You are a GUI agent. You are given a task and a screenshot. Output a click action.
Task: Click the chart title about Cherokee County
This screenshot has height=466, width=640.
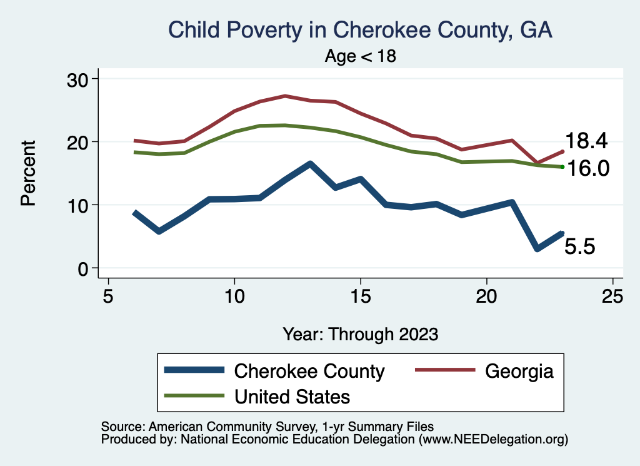pos(361,30)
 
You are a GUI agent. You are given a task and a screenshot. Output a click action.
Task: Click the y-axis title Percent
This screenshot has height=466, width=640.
pos(27,173)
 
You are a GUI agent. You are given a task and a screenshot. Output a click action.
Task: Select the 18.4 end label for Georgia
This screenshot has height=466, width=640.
pos(586,141)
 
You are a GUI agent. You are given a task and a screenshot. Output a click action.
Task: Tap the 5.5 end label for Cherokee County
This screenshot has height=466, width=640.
pos(579,246)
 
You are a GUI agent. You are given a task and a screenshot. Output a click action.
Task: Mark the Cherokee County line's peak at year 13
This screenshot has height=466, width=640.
pos(310,164)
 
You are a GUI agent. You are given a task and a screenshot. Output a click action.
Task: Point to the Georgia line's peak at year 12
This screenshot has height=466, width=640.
pos(285,96)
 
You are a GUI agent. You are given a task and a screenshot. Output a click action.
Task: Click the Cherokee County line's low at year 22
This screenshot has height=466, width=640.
pos(537,249)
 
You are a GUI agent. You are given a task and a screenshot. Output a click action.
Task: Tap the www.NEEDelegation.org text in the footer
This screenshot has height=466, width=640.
pos(494,440)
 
